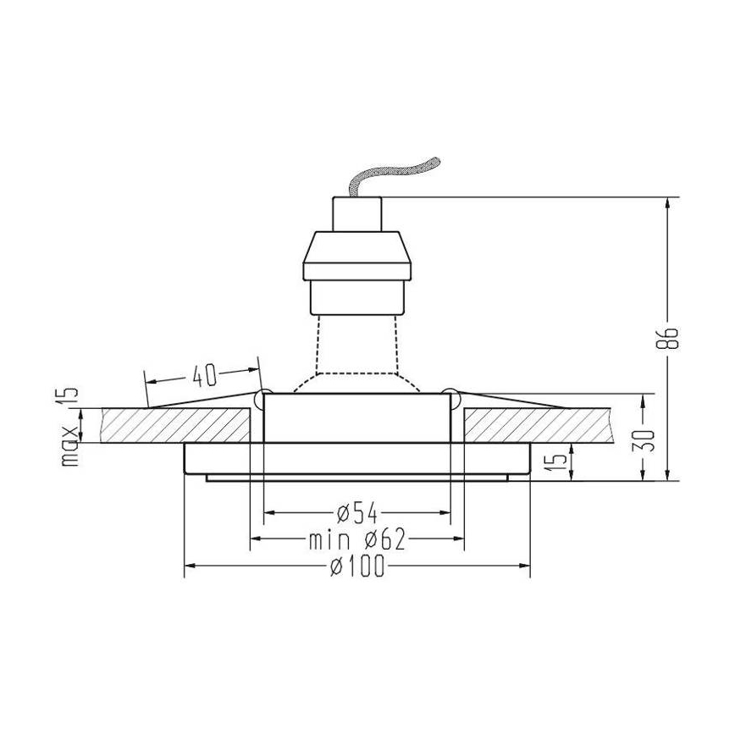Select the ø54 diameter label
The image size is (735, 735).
pyautogui.click(x=356, y=512)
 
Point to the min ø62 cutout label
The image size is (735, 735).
pyautogui.click(x=357, y=539)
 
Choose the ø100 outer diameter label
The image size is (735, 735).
pyautogui.click(x=357, y=566)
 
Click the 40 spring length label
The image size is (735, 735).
pyautogui.click(x=202, y=373)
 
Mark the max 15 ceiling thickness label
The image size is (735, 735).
pyautogui.click(x=70, y=428)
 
